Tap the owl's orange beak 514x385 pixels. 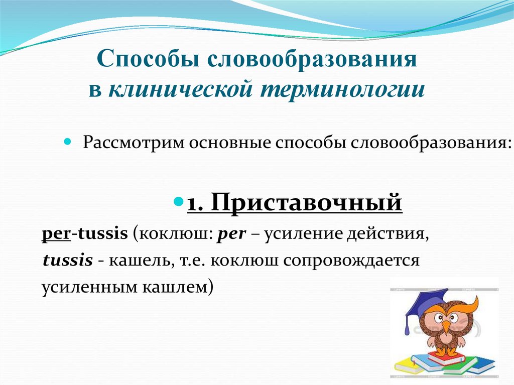[446, 326]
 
